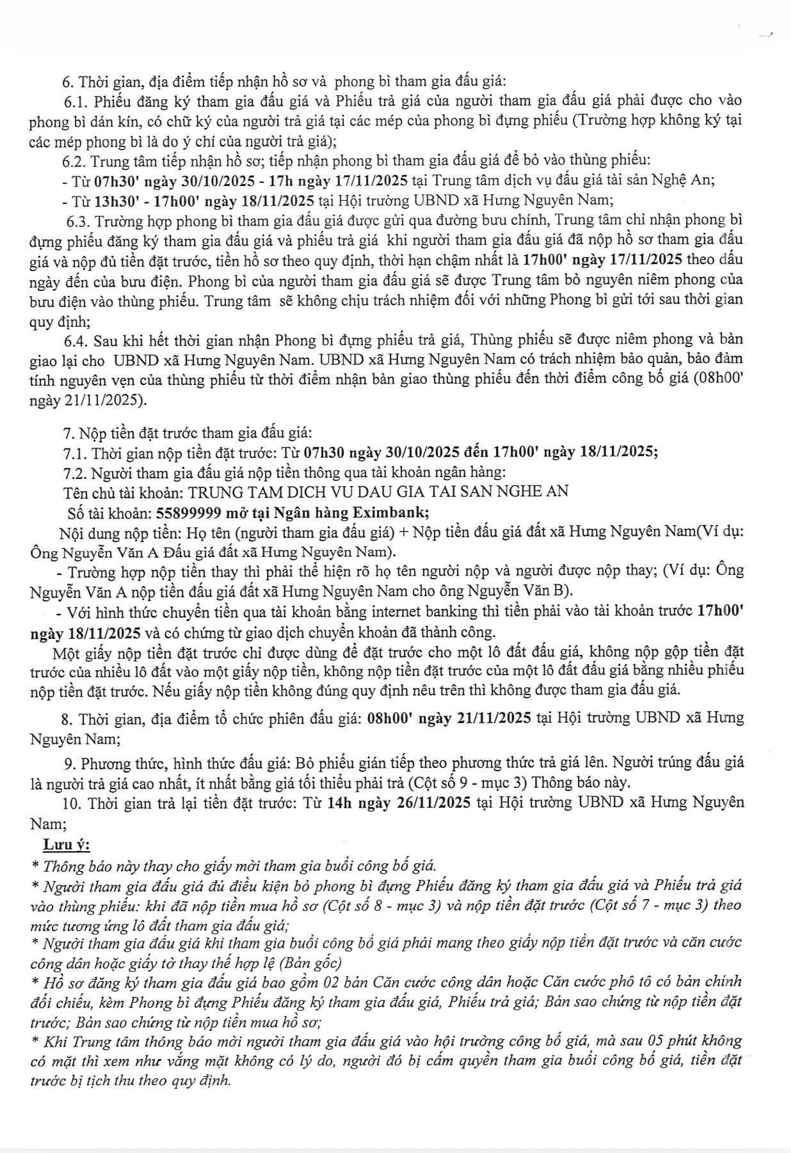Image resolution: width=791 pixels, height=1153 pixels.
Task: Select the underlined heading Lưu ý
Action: [67, 845]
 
